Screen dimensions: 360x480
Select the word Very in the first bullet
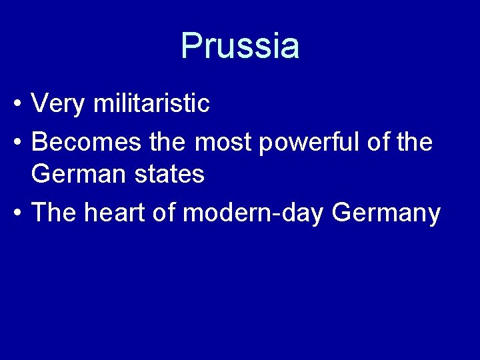click(x=59, y=103)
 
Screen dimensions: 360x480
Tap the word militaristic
click(x=152, y=103)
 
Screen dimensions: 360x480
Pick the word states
click(x=171, y=175)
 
